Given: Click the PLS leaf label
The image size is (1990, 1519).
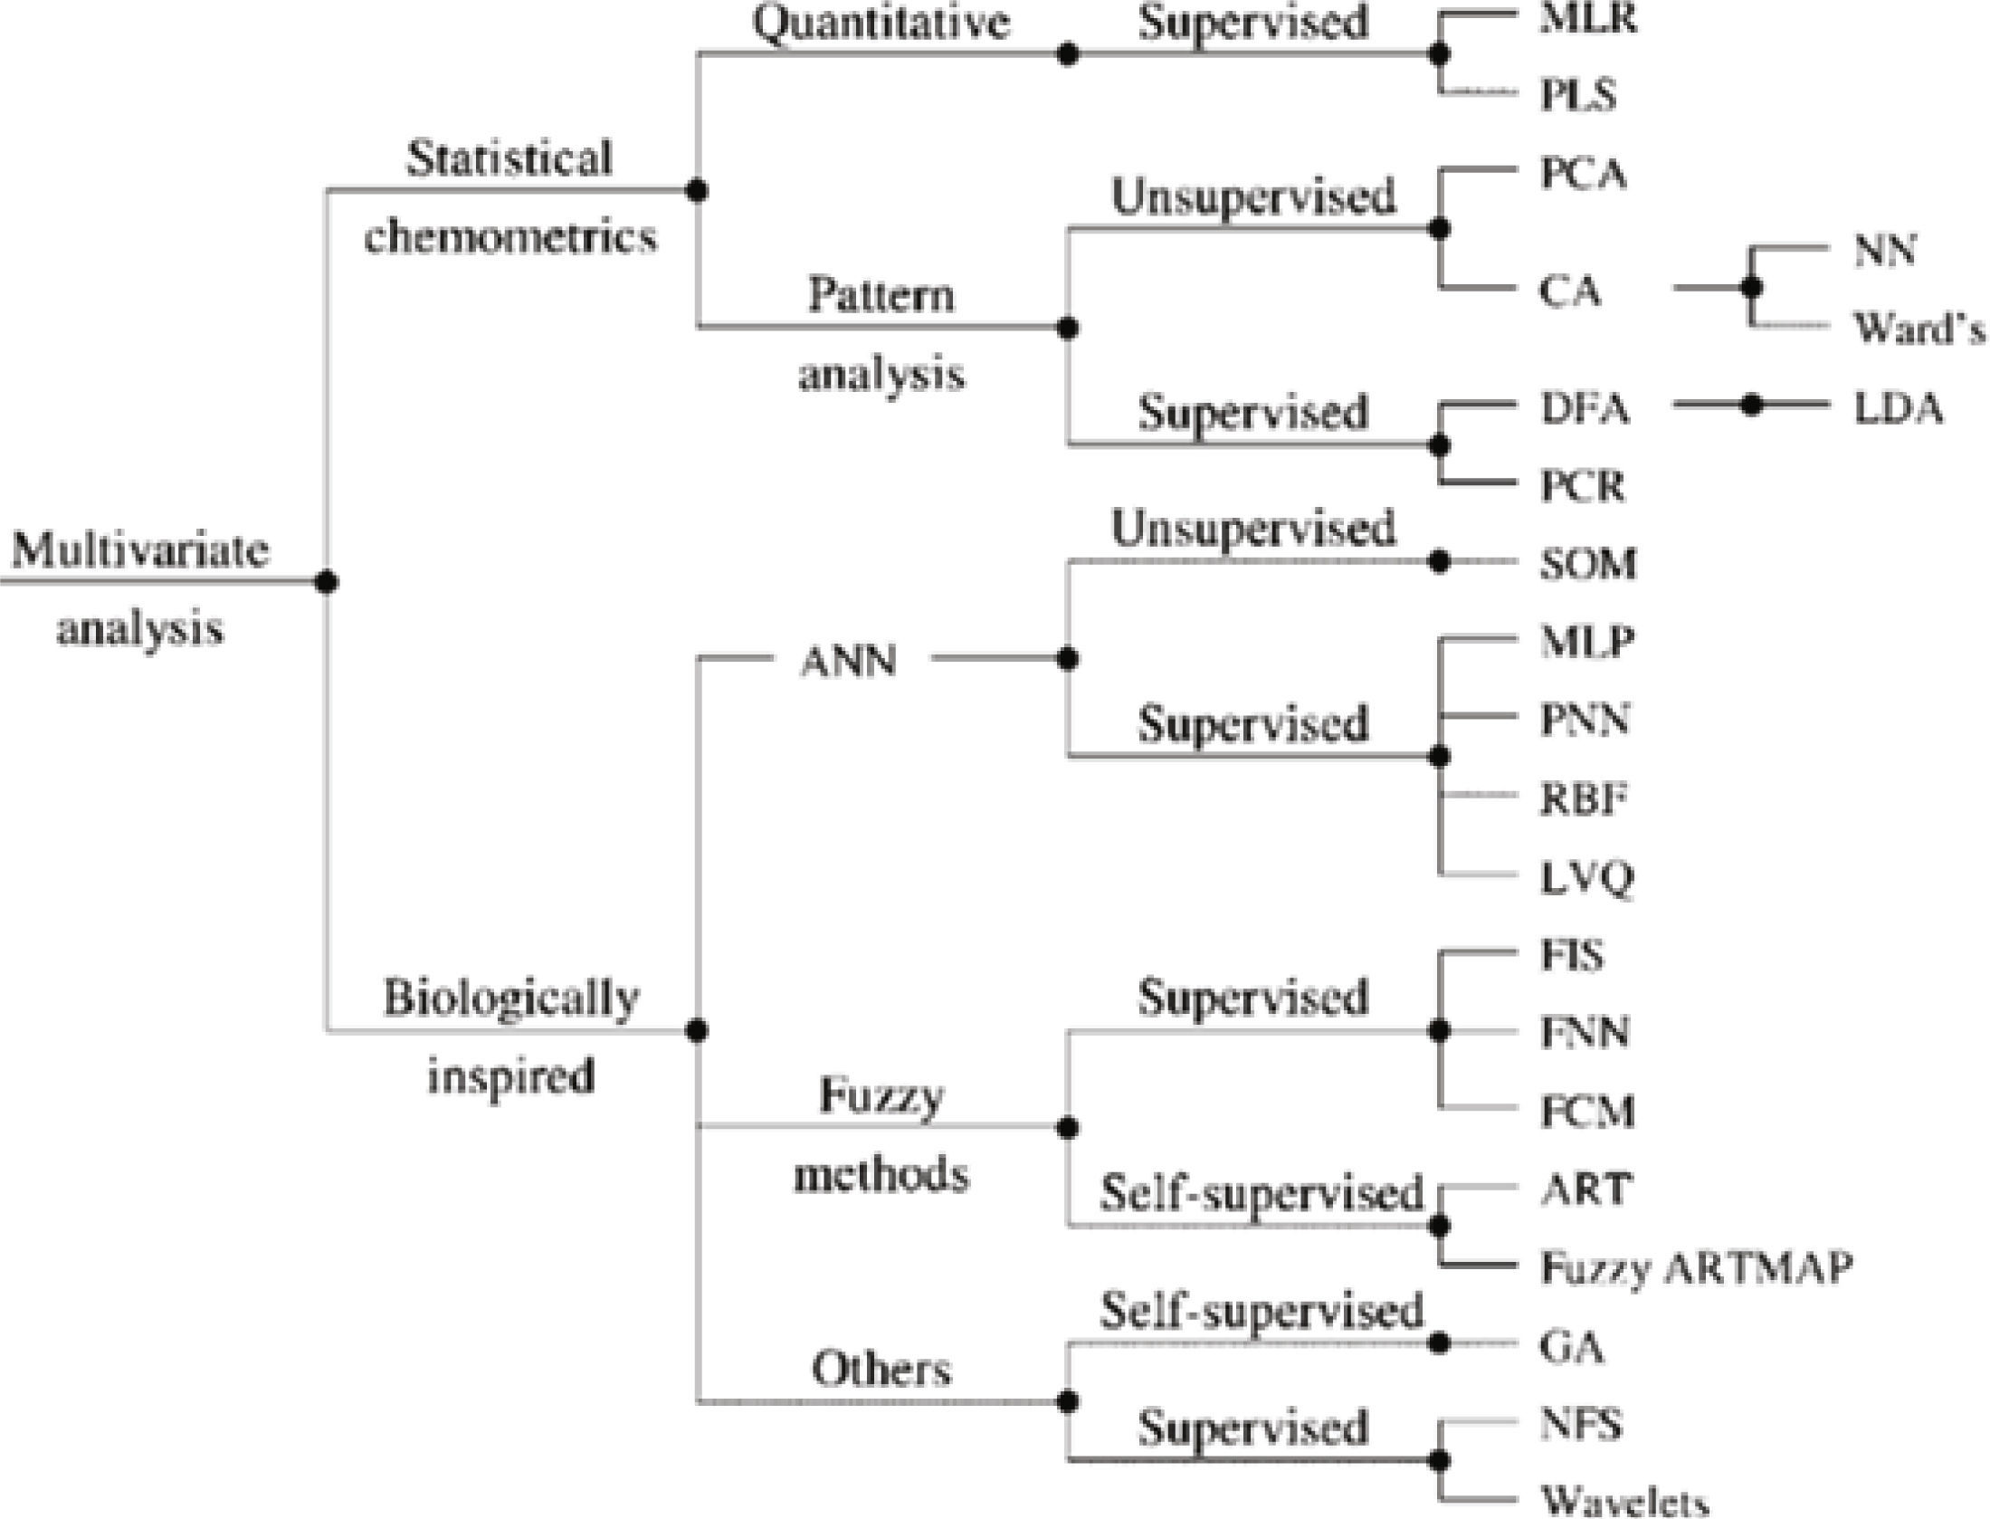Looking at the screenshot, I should click(1577, 95).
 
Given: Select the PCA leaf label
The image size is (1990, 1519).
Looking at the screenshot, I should click(1583, 174).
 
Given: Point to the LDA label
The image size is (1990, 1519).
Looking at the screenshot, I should click(1898, 409).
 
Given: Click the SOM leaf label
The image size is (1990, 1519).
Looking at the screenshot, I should click(1588, 564).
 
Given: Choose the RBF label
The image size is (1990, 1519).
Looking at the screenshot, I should click(1583, 799).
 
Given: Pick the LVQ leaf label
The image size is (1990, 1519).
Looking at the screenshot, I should click(1586, 877).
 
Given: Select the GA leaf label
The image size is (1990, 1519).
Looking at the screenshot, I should click(1572, 1347).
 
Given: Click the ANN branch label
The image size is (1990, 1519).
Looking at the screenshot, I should click(848, 661).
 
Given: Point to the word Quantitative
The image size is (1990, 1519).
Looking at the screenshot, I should click(881, 23).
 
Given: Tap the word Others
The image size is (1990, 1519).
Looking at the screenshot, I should click(881, 1369).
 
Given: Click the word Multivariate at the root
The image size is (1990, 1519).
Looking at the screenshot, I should click(140, 549).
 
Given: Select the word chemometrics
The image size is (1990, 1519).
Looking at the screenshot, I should click(510, 237).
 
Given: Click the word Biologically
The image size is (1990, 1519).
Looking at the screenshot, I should click(511, 998).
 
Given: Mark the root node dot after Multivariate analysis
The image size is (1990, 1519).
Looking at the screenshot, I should click(328, 581).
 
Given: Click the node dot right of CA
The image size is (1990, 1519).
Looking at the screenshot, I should click(1752, 288).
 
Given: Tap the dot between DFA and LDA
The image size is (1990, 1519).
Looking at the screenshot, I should click(1752, 406).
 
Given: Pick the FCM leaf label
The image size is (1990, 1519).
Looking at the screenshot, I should click(1587, 1111).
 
